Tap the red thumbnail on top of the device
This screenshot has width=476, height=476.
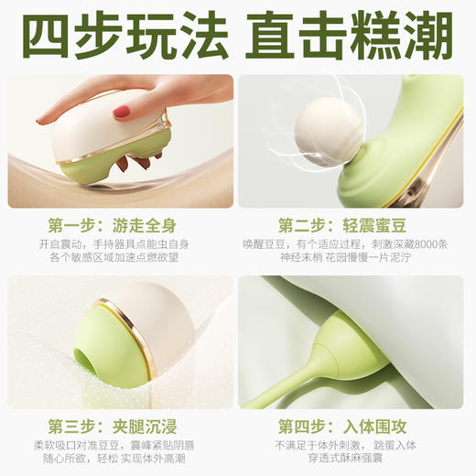(121, 112)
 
